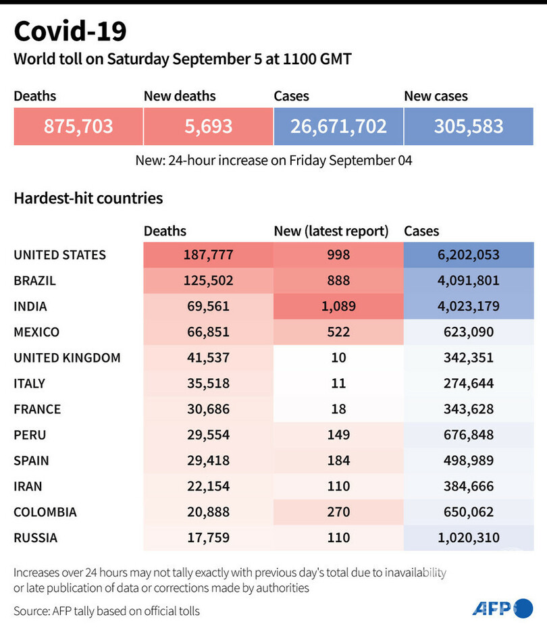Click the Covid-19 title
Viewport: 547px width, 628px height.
70,32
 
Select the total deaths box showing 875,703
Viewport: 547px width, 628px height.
78,126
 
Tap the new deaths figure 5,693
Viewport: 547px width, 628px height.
209,126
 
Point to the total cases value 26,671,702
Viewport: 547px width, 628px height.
338,126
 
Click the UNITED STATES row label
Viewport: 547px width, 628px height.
59,255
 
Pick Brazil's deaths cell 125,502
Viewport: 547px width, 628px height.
208,281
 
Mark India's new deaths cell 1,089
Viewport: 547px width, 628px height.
338,307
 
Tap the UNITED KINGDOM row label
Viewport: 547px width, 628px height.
67,358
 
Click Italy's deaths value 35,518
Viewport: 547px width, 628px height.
208,384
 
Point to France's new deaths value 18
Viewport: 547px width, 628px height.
338,409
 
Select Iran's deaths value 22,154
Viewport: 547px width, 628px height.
208,486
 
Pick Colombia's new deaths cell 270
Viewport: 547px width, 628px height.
338,512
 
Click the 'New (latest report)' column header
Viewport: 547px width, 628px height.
331,231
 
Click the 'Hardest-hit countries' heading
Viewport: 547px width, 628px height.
88,199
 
